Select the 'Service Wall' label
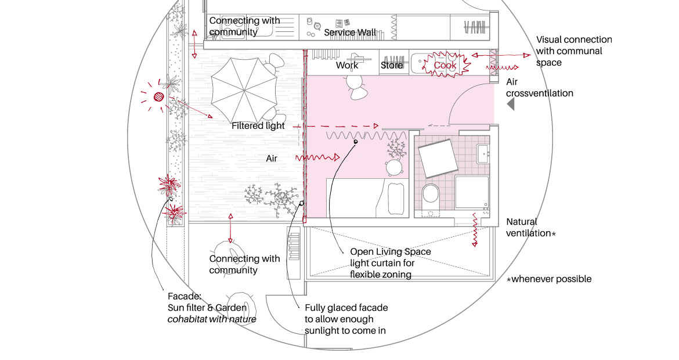[350, 33]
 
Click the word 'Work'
[347, 66]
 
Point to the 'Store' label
[392, 66]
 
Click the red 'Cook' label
[445, 66]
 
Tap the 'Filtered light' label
[258, 125]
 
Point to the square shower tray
[472, 192]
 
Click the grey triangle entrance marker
[511, 105]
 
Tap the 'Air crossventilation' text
[539, 88]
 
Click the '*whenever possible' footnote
[549, 279]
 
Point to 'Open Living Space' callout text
[391, 252]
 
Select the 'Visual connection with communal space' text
[573, 51]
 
